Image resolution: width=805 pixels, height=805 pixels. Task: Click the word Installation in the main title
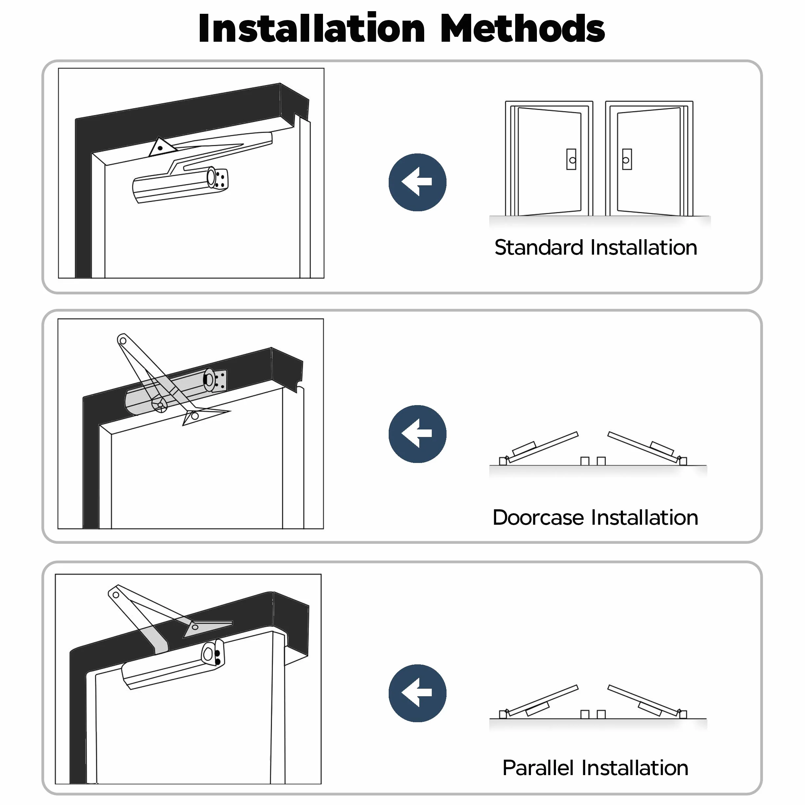click(312, 28)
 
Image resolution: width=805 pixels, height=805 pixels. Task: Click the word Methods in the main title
click(522, 28)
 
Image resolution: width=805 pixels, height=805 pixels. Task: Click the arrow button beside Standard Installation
click(418, 182)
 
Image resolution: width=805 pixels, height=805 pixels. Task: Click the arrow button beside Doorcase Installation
click(418, 434)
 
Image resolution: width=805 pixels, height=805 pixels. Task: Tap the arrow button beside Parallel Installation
click(418, 693)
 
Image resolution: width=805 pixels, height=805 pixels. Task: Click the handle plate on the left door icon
click(571, 159)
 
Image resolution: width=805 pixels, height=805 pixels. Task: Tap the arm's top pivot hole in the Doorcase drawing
click(123, 341)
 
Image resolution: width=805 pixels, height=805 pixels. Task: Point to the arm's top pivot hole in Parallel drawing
click(116, 595)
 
